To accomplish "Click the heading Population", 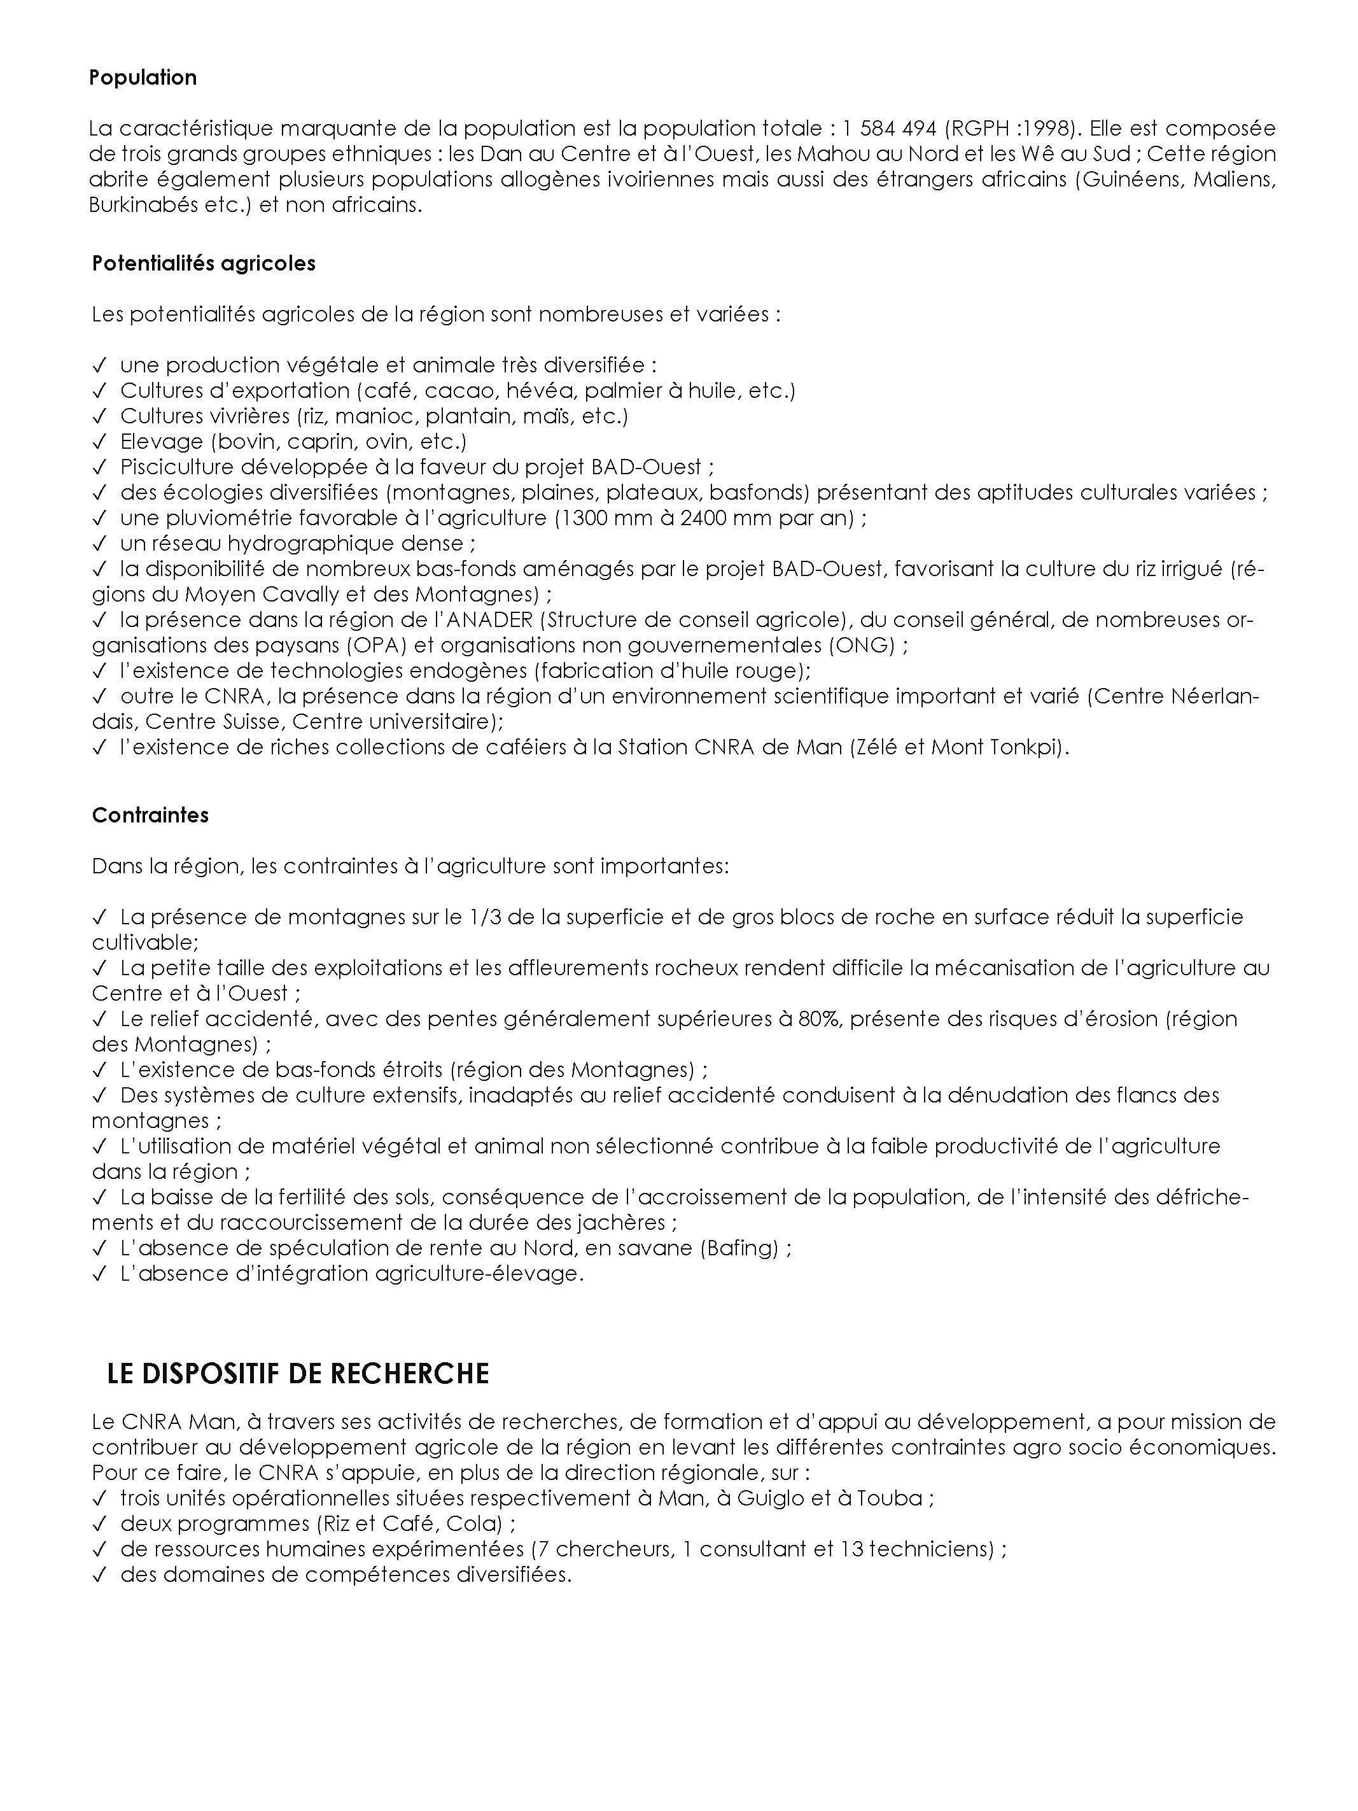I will (143, 78).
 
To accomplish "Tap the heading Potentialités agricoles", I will (204, 264).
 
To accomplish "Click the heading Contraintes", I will (151, 815).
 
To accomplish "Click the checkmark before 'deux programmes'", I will (100, 1525).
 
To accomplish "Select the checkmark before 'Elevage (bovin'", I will (100, 442).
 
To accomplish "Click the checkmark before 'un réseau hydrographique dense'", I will (100, 544).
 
